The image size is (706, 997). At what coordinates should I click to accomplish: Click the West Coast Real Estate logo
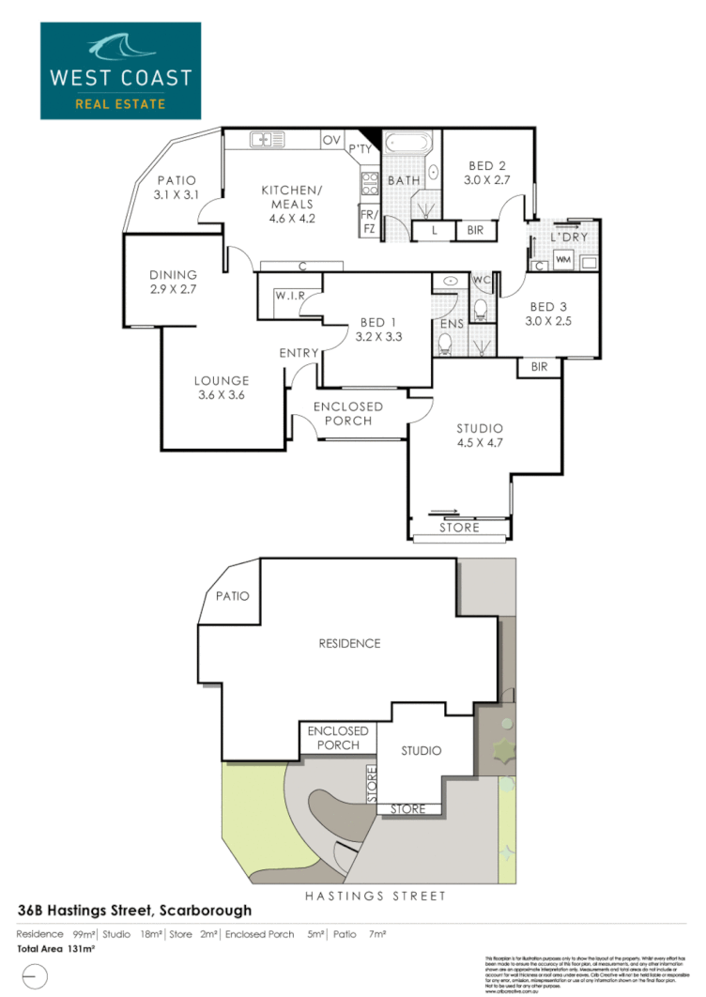tap(120, 71)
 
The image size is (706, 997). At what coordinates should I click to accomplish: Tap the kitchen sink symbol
tap(266, 140)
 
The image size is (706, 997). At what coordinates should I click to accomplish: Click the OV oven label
tap(331, 140)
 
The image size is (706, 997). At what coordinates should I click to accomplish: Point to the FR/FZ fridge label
tap(367, 220)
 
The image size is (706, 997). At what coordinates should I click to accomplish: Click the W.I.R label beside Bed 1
tap(288, 295)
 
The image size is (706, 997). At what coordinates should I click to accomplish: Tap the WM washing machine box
tap(563, 258)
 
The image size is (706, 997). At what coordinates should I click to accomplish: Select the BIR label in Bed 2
tap(475, 230)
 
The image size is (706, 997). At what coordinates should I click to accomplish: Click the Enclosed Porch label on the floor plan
tap(347, 413)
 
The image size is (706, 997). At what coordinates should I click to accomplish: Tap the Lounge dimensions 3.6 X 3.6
tap(222, 396)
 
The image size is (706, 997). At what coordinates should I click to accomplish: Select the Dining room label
tap(173, 275)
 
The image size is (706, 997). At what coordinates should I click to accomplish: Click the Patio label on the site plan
tap(231, 596)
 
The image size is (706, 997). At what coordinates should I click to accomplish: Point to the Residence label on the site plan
tap(349, 643)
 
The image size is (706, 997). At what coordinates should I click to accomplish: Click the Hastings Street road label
tap(376, 897)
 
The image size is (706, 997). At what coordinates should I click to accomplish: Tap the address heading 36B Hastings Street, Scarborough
tap(135, 911)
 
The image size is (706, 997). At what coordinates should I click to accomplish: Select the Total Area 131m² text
tap(55, 949)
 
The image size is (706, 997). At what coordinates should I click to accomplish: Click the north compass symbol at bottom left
tap(33, 976)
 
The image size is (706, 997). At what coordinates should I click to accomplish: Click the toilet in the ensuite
tap(446, 345)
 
